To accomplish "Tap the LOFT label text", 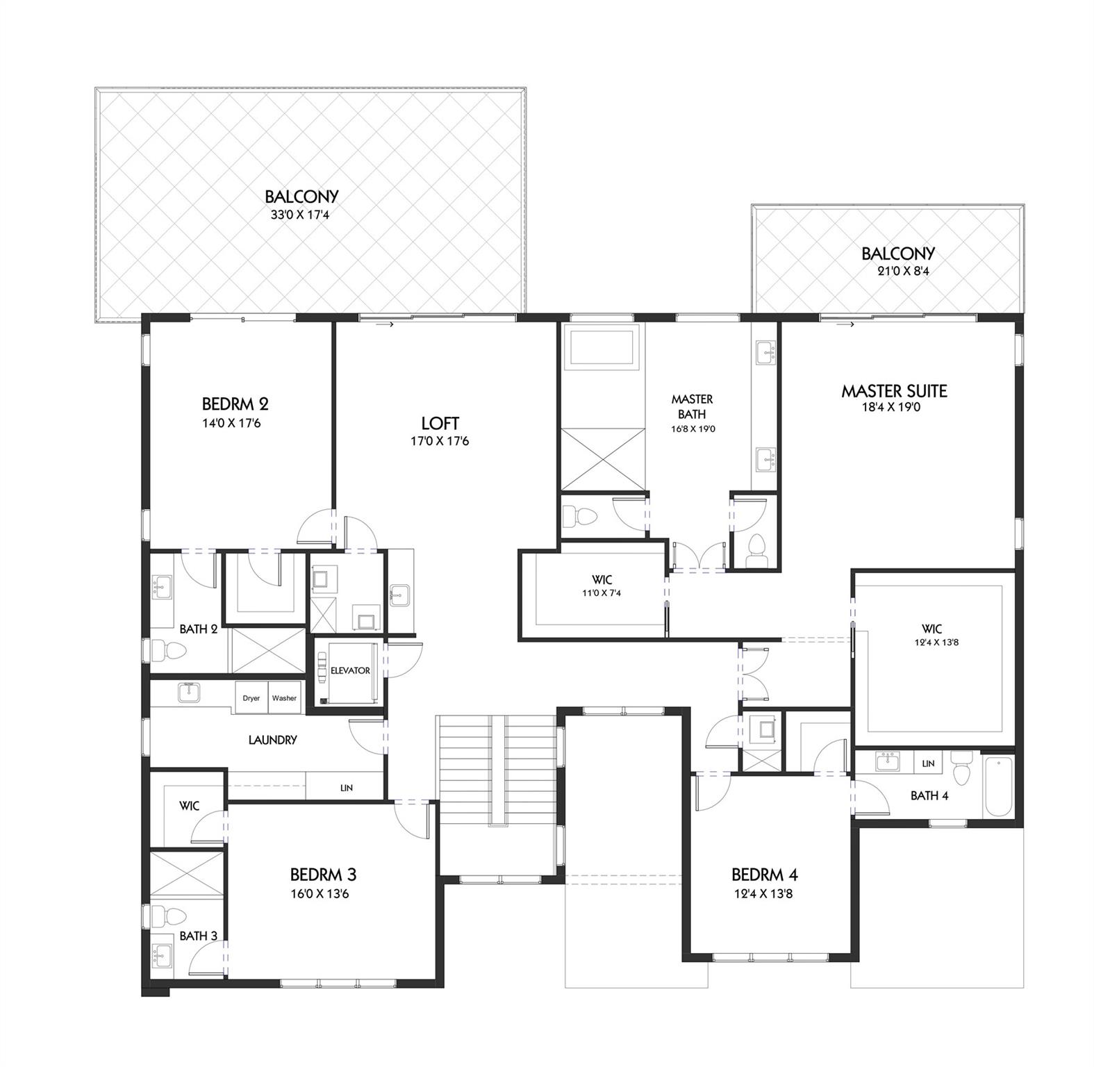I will pyautogui.click(x=440, y=423).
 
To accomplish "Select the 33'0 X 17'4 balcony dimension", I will pyautogui.click(x=299, y=215).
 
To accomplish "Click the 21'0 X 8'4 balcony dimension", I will pyautogui.click(x=902, y=272).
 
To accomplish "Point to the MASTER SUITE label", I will pyautogui.click(x=894, y=390).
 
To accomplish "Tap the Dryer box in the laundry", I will pyautogui.click(x=251, y=698).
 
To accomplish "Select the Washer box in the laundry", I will pyautogui.click(x=284, y=698).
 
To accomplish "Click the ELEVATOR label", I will pyautogui.click(x=350, y=670).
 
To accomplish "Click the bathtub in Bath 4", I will pyautogui.click(x=999, y=786).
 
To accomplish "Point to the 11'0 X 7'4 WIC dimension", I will pyautogui.click(x=602, y=593).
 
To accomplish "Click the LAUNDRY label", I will pyautogui.click(x=272, y=741).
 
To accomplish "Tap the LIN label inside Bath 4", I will pyautogui.click(x=928, y=763).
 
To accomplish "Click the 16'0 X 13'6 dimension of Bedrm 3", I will pyautogui.click(x=320, y=894).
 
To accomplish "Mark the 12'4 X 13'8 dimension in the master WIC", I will pyautogui.click(x=936, y=643).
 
